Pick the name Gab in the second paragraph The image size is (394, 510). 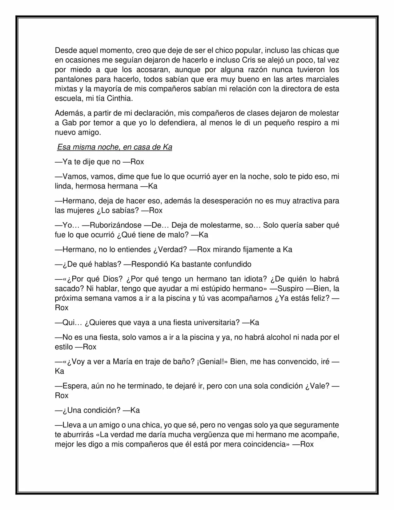(x=69, y=123)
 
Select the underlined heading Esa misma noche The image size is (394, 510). (x=115, y=147)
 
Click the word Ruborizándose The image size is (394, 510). (x=115, y=225)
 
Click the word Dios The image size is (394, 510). (x=113, y=279)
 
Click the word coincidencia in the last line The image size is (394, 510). (x=264, y=444)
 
